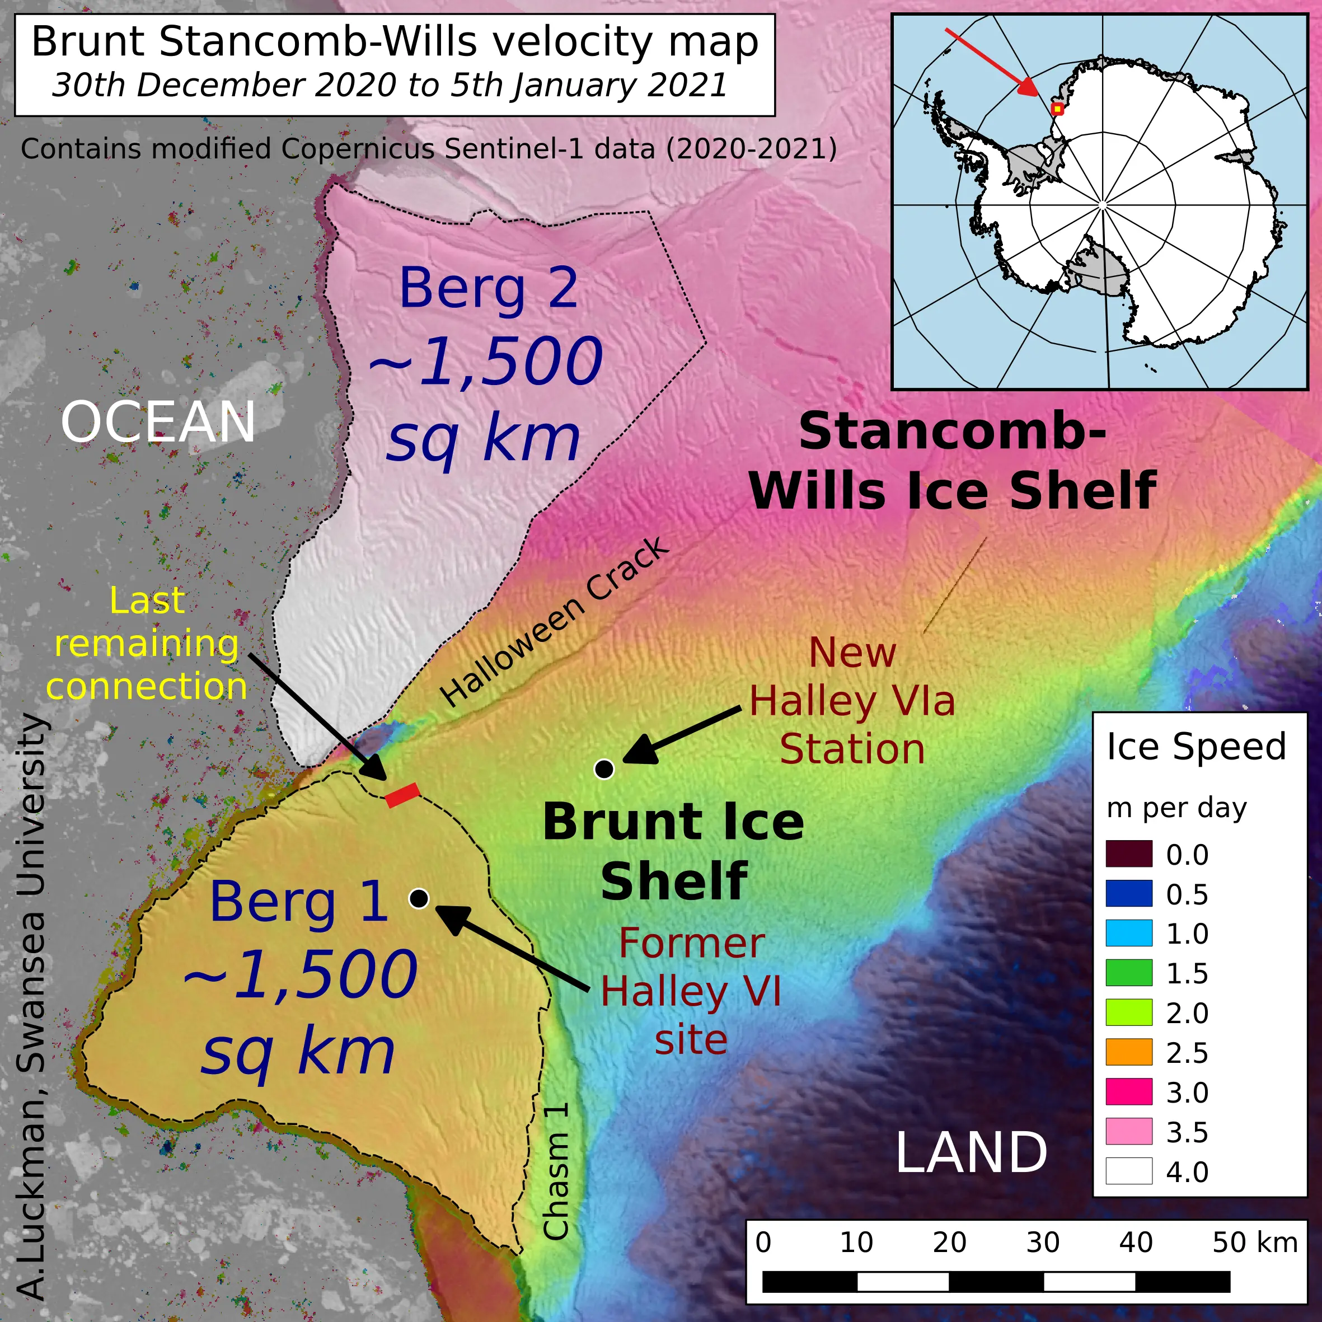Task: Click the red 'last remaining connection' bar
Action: tap(402, 795)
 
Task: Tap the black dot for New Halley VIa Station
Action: tap(603, 769)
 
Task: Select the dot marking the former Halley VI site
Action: tap(419, 898)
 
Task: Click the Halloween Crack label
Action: tap(554, 623)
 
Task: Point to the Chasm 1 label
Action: tap(556, 1171)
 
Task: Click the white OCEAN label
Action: tap(158, 422)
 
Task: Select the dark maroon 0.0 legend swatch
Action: tap(1128, 855)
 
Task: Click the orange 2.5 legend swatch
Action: tap(1128, 1052)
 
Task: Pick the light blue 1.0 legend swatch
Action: tap(1128, 934)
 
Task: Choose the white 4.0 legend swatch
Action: tap(1128, 1171)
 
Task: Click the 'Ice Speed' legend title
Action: tap(1196, 747)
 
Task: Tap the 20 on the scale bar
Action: tap(949, 1243)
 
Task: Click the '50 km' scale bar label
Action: tap(1254, 1243)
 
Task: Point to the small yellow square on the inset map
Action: tap(1057, 109)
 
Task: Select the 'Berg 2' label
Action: tap(489, 289)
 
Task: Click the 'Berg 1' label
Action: tap(299, 902)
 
